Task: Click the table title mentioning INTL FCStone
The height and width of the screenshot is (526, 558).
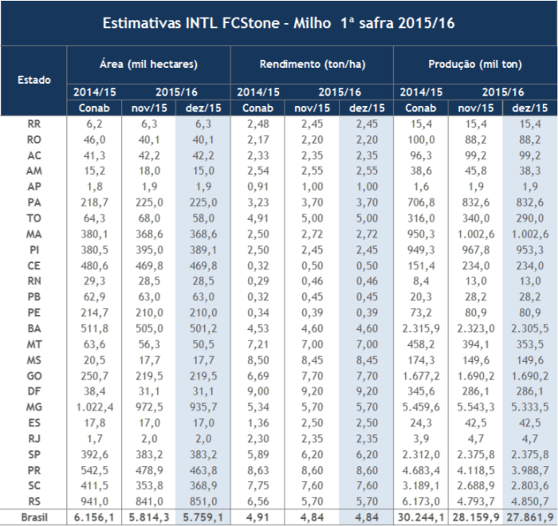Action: [278, 23]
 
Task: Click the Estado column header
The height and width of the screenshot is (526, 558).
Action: [34, 80]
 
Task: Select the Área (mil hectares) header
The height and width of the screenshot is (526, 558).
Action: [148, 64]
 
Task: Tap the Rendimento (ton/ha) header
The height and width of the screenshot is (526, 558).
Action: [312, 64]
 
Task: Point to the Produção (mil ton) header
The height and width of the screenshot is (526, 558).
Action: [475, 64]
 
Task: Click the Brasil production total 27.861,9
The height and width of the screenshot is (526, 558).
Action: [529, 519]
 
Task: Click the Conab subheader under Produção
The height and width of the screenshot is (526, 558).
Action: [420, 108]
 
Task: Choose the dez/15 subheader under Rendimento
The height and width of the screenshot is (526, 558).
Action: [365, 108]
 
